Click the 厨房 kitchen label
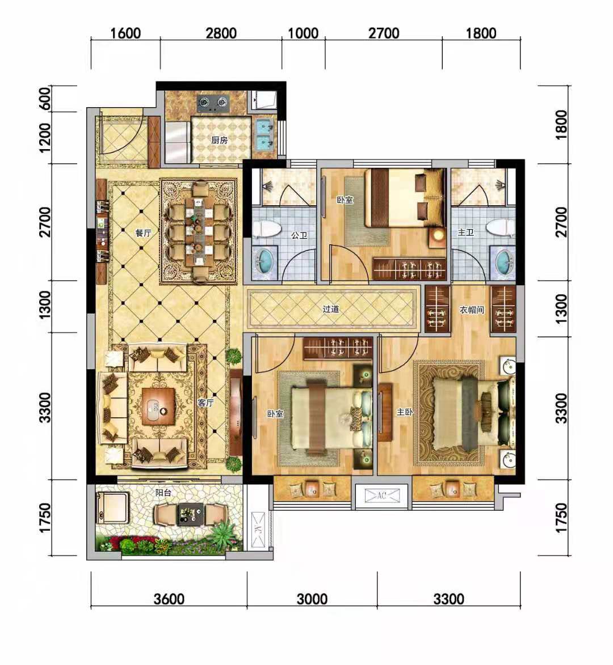click(220, 140)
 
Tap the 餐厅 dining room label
click(143, 233)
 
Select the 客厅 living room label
click(205, 403)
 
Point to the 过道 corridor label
click(331, 309)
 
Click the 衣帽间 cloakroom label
click(472, 310)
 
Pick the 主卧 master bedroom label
click(405, 412)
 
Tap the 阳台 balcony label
click(163, 493)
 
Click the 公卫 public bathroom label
click(299, 235)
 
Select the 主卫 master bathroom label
click(465, 232)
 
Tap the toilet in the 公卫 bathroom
click(267, 229)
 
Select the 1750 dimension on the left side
click(45, 518)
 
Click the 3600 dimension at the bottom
click(169, 599)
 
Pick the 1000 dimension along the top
click(304, 33)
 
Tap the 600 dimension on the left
click(45, 99)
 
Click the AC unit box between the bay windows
click(381, 495)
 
